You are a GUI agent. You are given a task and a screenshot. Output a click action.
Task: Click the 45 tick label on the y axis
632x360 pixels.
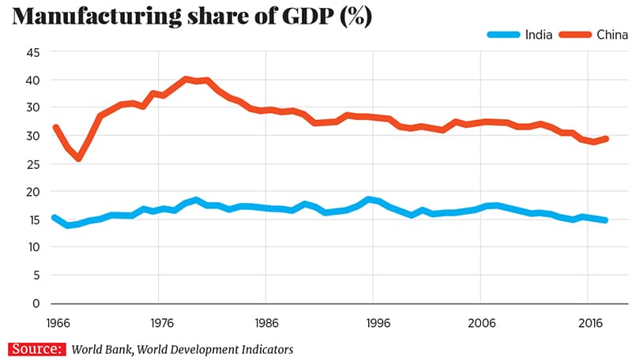tap(32, 53)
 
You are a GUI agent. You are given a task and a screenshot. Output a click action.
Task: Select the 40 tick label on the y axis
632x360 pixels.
tap(32, 81)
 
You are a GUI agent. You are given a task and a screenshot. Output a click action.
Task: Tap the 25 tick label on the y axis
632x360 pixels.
tap(32, 164)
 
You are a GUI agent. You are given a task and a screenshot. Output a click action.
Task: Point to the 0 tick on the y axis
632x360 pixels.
tap(36, 303)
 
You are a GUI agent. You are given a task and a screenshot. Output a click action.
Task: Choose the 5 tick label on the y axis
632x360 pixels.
tap(36, 276)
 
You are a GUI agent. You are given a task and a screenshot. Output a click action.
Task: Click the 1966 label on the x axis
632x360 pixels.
tap(55, 323)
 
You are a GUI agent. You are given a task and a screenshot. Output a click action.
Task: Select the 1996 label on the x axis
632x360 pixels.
tap(377, 323)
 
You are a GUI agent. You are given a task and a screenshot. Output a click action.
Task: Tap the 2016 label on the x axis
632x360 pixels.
tap(590, 323)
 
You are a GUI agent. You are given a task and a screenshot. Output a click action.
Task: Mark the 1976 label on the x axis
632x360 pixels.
tap(160, 323)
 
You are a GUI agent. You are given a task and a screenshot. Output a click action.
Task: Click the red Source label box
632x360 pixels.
tap(37, 349)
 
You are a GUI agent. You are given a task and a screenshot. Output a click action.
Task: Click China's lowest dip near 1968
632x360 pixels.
tap(78, 158)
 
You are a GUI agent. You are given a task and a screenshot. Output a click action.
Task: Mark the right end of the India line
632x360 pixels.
tap(605, 220)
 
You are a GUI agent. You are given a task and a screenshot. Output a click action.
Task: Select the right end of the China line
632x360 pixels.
tap(605, 138)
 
